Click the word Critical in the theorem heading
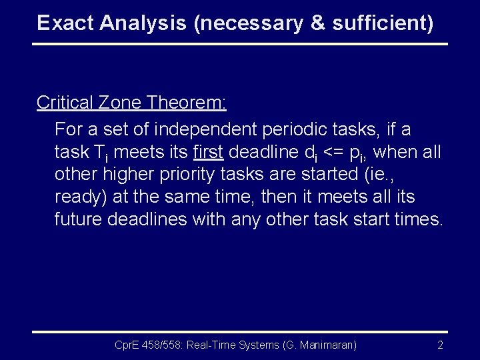(x=65, y=103)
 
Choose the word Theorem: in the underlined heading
(x=187, y=103)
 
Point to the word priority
(x=190, y=175)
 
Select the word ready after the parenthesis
(x=77, y=198)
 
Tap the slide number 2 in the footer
(x=440, y=345)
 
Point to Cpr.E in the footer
(x=127, y=345)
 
